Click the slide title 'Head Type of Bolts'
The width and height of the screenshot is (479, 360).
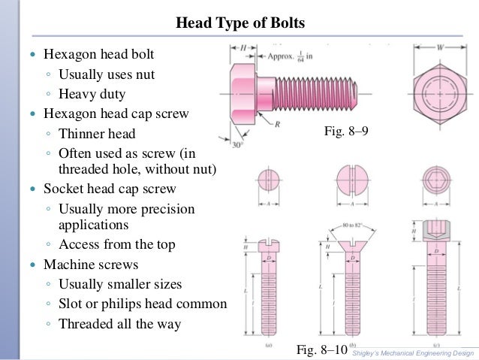[x=240, y=23]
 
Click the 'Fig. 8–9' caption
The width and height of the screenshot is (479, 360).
[x=346, y=132]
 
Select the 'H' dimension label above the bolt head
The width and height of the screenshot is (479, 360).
[x=244, y=49]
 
